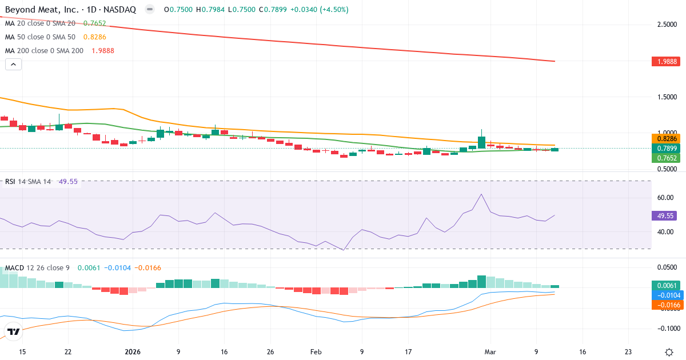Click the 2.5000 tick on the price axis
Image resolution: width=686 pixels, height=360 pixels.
[668, 25]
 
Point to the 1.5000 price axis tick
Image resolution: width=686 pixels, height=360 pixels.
[668, 97]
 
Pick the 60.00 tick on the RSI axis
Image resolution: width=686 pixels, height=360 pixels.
[665, 198]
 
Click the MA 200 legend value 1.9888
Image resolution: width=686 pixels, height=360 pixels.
[103, 50]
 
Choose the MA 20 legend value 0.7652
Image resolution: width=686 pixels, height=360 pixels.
[94, 23]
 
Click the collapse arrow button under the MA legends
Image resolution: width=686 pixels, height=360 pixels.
[13, 64]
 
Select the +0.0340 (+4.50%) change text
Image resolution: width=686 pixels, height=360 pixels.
[320, 10]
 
